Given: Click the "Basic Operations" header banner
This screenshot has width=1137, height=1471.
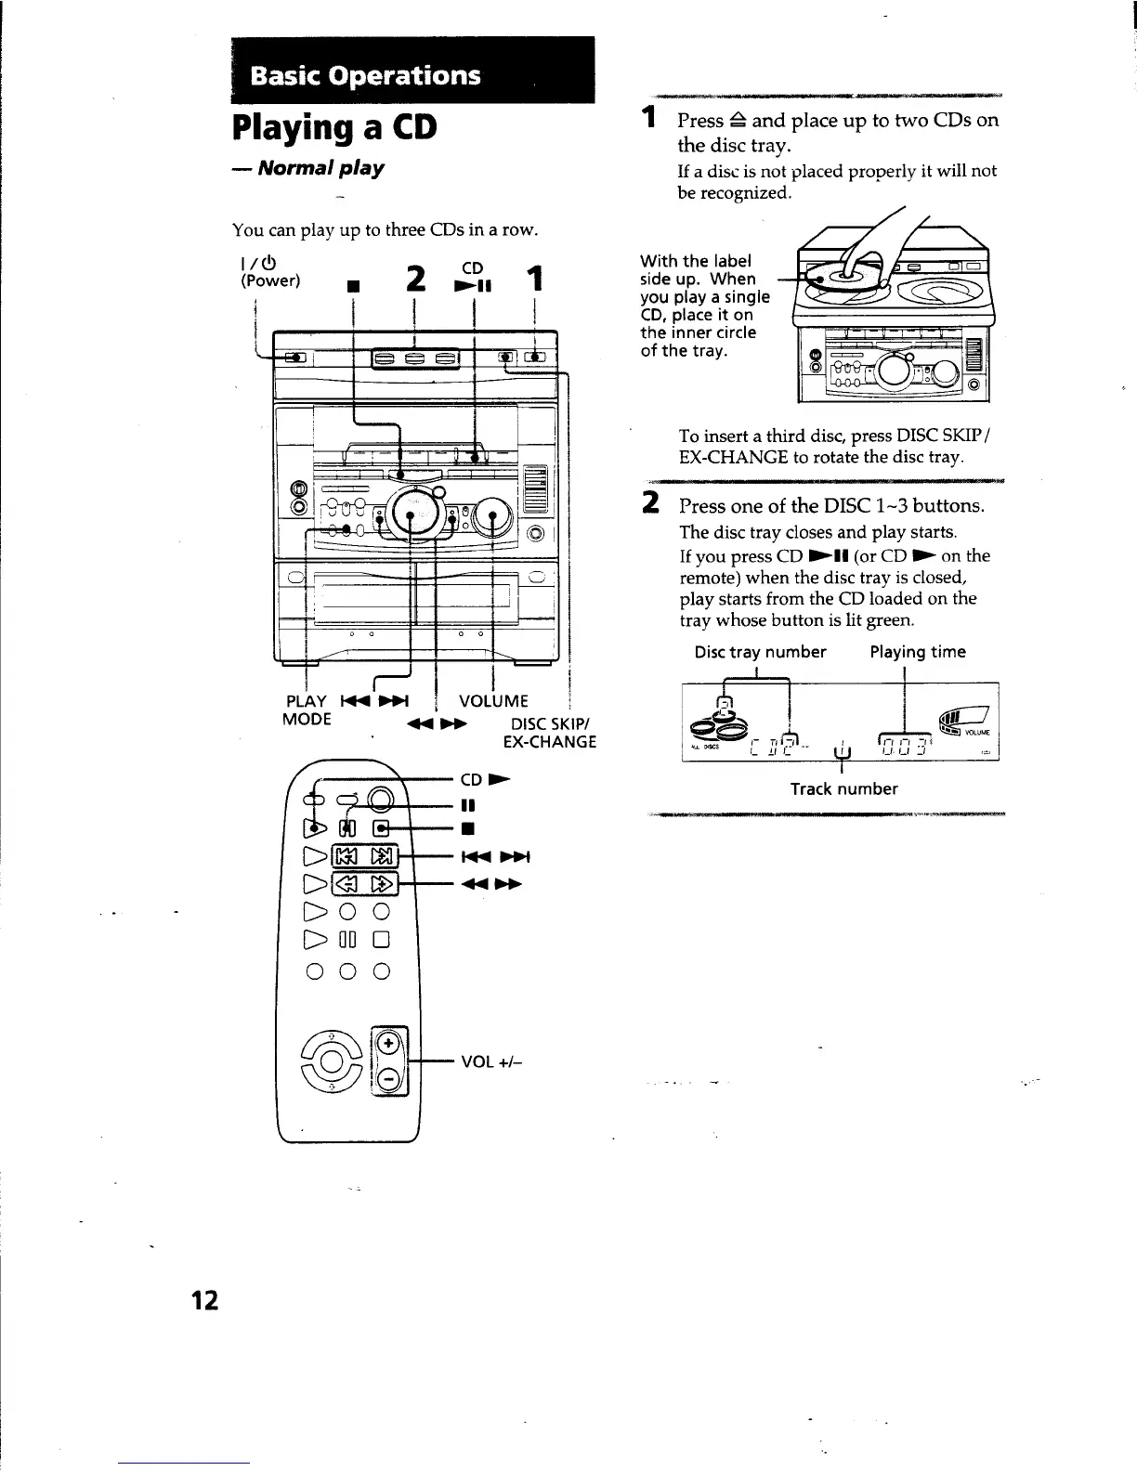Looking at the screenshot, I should coord(366,75).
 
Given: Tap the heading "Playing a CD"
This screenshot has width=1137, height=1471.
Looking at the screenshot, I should coord(334,126).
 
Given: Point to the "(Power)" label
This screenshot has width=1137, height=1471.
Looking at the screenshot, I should coord(270,280).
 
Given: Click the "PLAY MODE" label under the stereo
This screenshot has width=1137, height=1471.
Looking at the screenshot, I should coord(306,710).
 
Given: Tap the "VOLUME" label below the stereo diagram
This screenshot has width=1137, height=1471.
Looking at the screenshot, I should coord(493,701).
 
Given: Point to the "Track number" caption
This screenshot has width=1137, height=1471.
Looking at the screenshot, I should coord(843,789).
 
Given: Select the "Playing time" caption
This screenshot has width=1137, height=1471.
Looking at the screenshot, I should coord(917,652).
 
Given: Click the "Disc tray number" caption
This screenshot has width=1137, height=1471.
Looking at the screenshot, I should coord(760,652).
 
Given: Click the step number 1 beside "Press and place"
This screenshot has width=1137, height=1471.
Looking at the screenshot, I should coord(651,118).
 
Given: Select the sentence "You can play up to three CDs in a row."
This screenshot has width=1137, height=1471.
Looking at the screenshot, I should coord(385,229).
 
